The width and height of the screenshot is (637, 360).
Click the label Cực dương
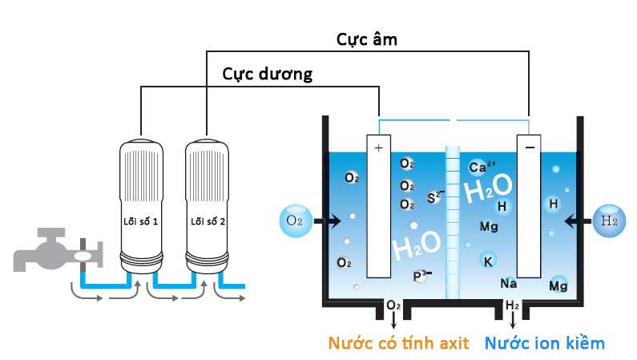click(267, 74)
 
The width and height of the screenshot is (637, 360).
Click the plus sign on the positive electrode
click(378, 148)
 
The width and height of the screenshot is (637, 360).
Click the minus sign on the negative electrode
click(529, 148)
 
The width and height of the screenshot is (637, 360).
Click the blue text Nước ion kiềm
click(544, 343)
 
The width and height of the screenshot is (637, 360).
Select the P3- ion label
click(421, 276)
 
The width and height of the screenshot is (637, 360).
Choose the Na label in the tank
click(508, 283)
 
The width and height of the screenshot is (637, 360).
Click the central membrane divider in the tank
click(453, 216)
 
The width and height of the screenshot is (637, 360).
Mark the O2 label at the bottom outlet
click(393, 306)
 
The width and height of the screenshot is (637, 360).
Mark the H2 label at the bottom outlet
click(513, 306)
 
